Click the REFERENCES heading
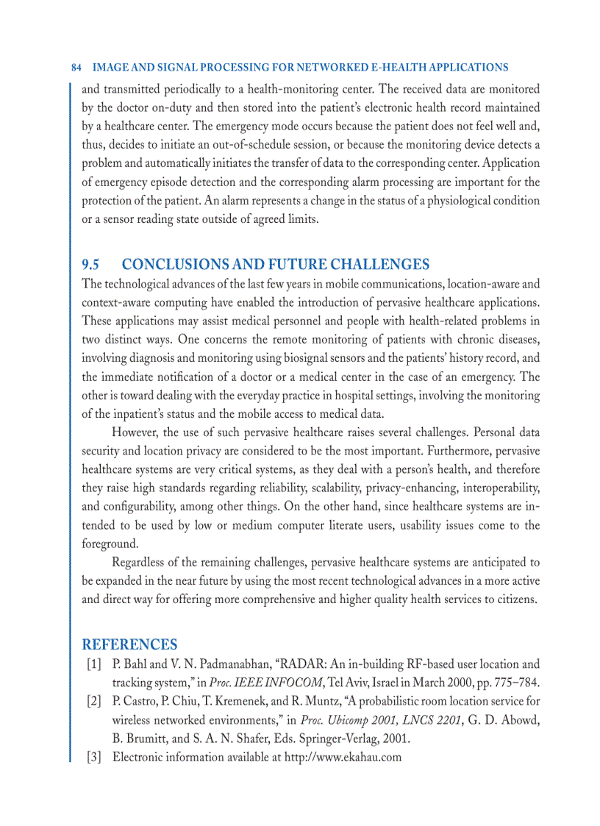tap(129, 645)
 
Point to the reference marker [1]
tap(93, 664)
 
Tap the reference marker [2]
tap(93, 701)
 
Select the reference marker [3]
tap(93, 757)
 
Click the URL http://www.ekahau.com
tap(343, 757)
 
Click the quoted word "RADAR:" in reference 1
tap(300, 664)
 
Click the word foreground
tap(110, 544)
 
